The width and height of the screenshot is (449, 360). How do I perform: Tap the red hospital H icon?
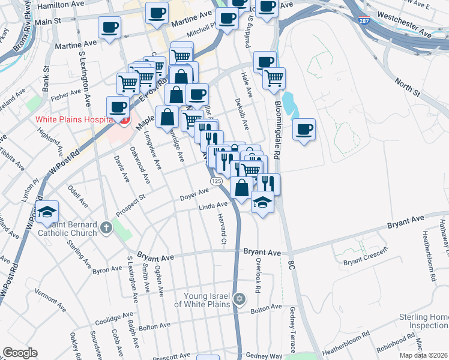pyautogui.click(x=124, y=121)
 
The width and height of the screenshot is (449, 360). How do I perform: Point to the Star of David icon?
pyautogui.click(x=240, y=299)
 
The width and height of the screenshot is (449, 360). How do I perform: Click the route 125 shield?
pyautogui.click(x=216, y=181)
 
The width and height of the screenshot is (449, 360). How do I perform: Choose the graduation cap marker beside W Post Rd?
pyautogui.click(x=47, y=212)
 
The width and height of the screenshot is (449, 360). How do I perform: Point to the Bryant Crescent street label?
pyautogui.click(x=366, y=262)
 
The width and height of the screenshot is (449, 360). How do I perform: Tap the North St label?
pyautogui.click(x=408, y=88)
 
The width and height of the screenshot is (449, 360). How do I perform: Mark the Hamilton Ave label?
pyautogui.click(x=61, y=5)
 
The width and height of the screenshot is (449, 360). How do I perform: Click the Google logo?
pyautogui.click(x=20, y=352)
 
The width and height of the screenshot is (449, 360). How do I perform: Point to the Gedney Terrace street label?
pyautogui.click(x=292, y=328)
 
